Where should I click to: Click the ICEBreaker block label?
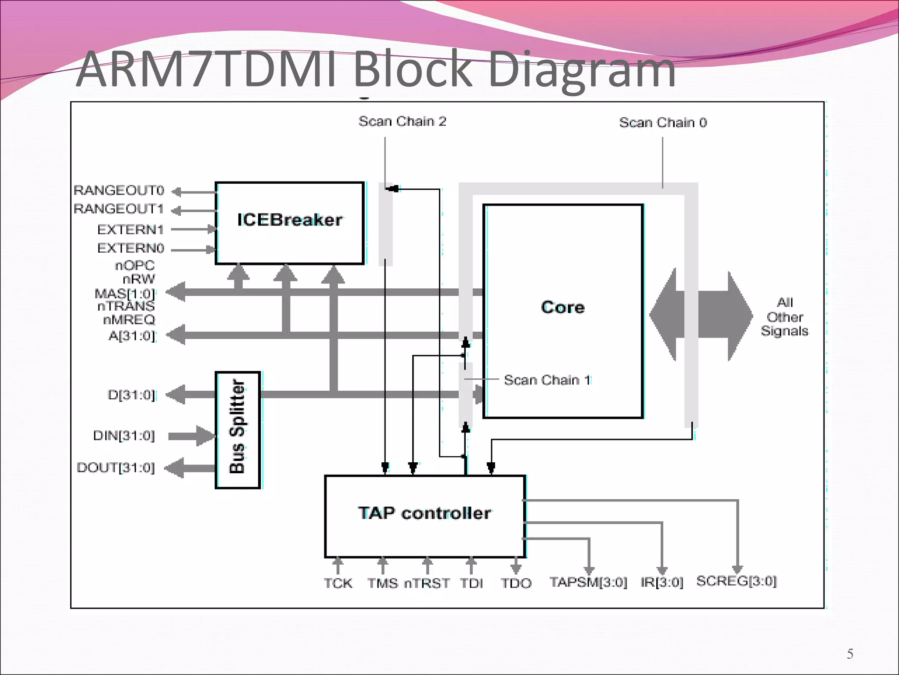(289, 220)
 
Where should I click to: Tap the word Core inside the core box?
(563, 307)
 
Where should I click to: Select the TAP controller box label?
(424, 513)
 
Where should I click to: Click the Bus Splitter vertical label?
(237, 427)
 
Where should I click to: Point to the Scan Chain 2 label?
(402, 121)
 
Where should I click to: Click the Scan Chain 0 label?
(663, 123)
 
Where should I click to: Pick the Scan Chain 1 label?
(547, 380)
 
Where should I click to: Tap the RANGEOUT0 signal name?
(119, 190)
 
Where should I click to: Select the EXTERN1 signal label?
(130, 229)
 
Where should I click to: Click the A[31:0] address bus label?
(132, 336)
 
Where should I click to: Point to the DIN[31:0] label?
(124, 435)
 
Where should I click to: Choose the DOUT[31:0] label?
(116, 468)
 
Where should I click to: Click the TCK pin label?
(338, 583)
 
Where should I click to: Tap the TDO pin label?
(516, 583)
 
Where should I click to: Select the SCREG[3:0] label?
(737, 581)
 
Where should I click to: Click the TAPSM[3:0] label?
(588, 582)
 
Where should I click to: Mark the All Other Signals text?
(784, 317)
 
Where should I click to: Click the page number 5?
(850, 654)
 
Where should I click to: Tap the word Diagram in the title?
(581, 69)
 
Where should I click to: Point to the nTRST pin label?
(427, 583)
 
